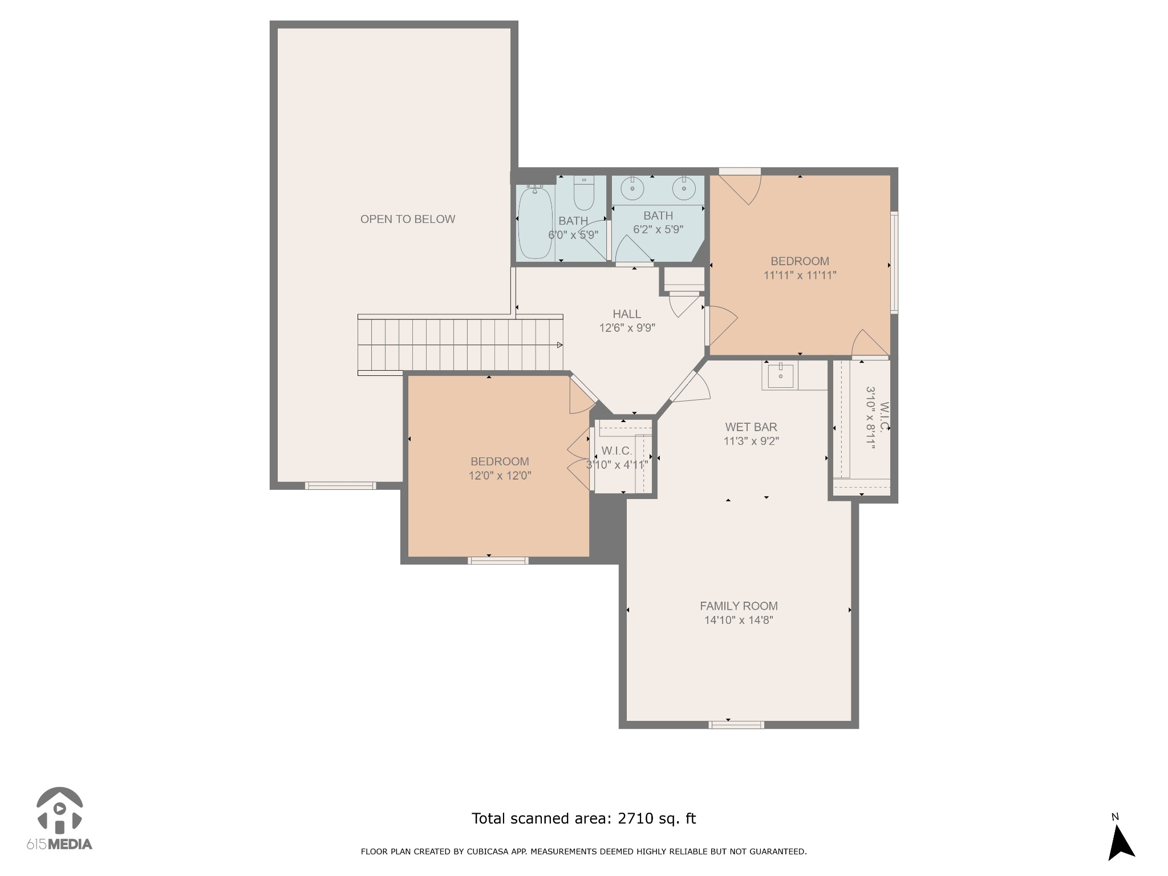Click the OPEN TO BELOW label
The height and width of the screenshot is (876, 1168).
408,219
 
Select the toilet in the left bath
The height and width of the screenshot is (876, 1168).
583,193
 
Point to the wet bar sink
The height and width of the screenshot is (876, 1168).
780,375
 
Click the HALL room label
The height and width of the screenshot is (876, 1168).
627,314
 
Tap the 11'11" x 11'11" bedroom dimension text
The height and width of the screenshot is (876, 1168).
800,275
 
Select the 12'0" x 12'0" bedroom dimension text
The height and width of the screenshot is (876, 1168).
500,476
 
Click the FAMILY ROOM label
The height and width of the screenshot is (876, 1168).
739,606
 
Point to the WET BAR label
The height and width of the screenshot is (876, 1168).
751,427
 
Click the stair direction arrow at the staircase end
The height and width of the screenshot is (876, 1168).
560,344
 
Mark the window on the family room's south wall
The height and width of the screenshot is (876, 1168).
736,725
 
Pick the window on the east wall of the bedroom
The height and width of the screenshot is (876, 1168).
894,262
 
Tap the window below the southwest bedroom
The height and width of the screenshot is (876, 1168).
498,561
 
